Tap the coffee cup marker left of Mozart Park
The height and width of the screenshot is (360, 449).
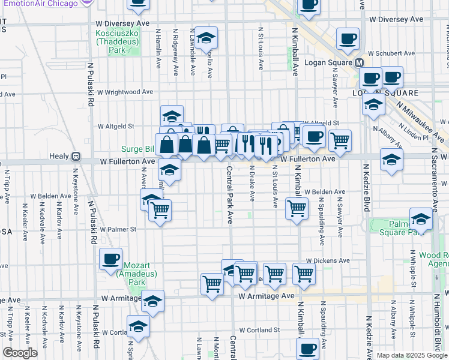pyautogui.click(x=110, y=259)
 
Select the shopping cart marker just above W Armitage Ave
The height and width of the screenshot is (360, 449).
pyautogui.click(x=212, y=284)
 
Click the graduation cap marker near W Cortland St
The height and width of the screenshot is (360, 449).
pyautogui.click(x=138, y=328)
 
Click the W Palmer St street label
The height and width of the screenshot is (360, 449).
pyautogui.click(x=118, y=229)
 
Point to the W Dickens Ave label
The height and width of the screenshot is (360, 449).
pyautogui.click(x=328, y=262)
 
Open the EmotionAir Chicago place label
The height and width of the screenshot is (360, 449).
pyautogui.click(x=41, y=3)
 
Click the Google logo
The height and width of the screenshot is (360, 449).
pyautogui.click(x=20, y=353)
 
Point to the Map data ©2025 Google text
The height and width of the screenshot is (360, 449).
pyautogui.click(x=411, y=355)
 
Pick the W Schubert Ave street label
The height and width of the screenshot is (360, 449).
pyautogui.click(x=389, y=52)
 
